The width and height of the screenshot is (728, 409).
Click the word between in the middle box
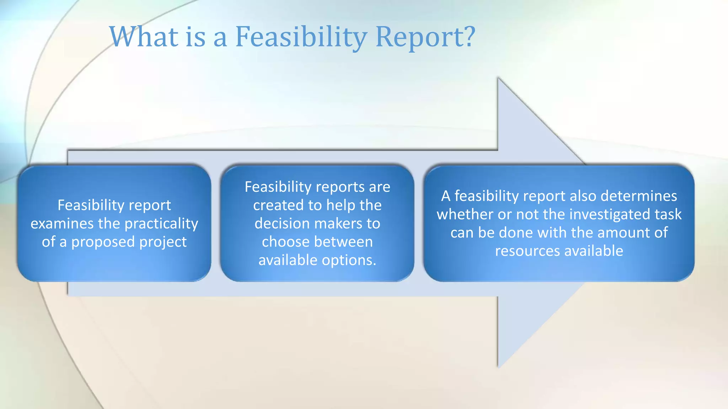coord(343,242)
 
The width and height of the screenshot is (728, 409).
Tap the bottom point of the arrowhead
coord(498,366)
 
